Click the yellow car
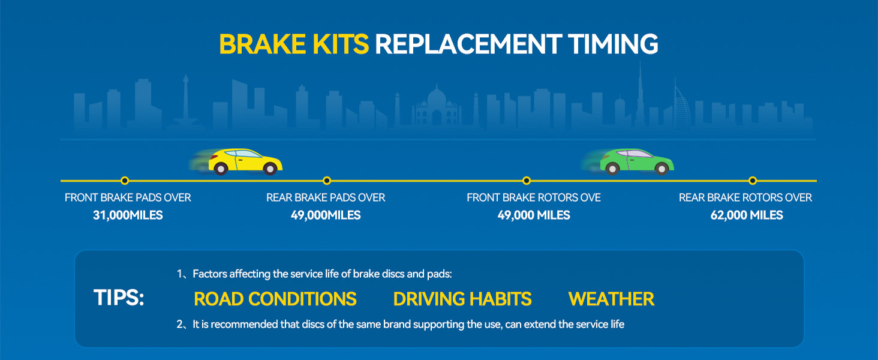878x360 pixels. pos(245,161)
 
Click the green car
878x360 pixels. pos(636,161)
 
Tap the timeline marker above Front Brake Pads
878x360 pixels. pos(125,181)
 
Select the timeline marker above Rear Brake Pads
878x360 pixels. pos(327,181)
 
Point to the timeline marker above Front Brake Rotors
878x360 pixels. pos(527,181)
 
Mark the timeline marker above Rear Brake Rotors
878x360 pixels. pos(752,181)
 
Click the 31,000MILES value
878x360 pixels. pos(128,215)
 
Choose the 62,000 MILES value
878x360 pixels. pos(747,215)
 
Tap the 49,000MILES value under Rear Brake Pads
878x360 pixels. pos(326,215)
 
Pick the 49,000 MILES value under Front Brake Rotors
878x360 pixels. pos(534,215)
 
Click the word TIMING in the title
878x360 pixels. pos(614,44)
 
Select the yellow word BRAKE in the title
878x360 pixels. pos(262,44)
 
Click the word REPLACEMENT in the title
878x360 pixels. pos(468,44)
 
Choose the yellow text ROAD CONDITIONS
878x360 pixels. pos(275,299)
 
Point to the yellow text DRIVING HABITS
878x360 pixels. pos(462,299)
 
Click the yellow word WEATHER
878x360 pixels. pos(612,299)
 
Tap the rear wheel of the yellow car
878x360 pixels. pos(221,169)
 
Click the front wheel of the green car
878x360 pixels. pos(661,169)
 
